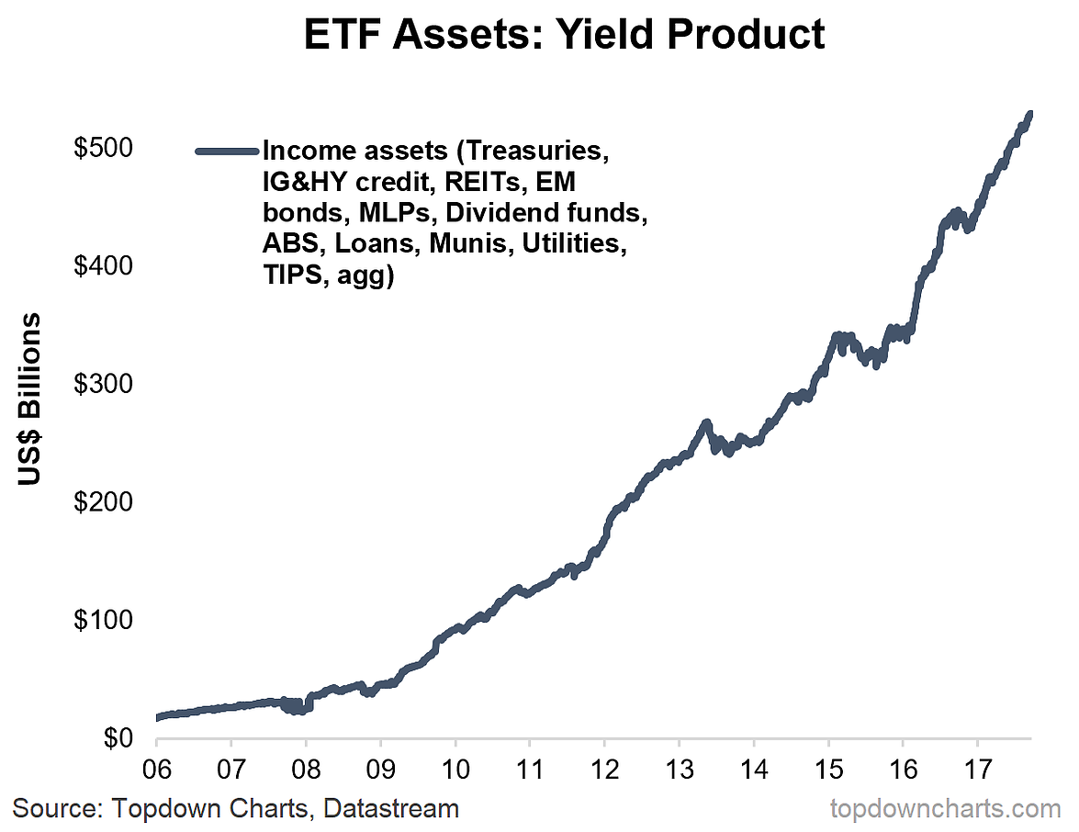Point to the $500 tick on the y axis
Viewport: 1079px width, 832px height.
102,148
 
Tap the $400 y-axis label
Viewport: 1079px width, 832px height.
102,265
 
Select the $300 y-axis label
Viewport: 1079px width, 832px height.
102,384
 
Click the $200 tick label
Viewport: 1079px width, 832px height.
102,501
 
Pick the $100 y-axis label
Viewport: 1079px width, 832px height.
102,620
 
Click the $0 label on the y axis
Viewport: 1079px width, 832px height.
116,737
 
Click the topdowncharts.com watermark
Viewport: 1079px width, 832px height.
945,809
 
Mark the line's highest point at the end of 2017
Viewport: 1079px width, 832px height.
1030,114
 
